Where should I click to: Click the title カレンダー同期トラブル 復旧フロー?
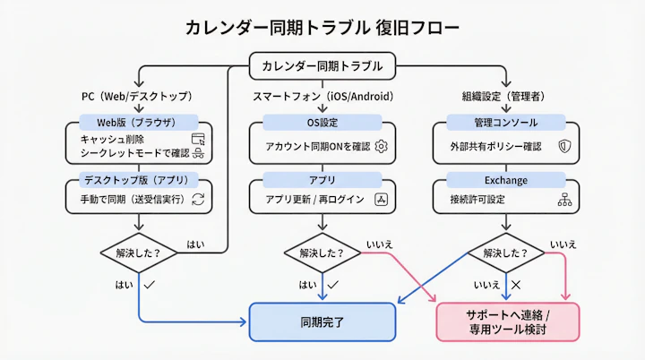coord(322,28)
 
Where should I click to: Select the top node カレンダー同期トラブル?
coord(322,66)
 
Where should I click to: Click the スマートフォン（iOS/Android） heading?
coord(322,96)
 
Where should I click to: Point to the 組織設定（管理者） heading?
coord(506,96)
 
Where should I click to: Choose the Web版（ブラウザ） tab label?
coord(138,122)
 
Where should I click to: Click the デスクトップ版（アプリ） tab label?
coord(138,180)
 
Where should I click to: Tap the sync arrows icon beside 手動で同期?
coord(199,199)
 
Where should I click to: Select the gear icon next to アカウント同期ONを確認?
coord(381,146)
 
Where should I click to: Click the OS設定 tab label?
coord(322,122)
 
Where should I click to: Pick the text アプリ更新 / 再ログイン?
coord(314,199)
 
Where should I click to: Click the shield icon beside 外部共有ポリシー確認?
coord(563,146)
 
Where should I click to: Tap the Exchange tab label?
coord(506,180)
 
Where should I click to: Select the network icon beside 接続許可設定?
coord(564,199)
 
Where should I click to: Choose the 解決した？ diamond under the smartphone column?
coord(322,252)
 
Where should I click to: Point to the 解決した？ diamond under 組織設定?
coord(506,252)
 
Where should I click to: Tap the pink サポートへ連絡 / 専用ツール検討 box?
coord(507,321)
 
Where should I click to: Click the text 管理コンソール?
coord(506,122)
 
